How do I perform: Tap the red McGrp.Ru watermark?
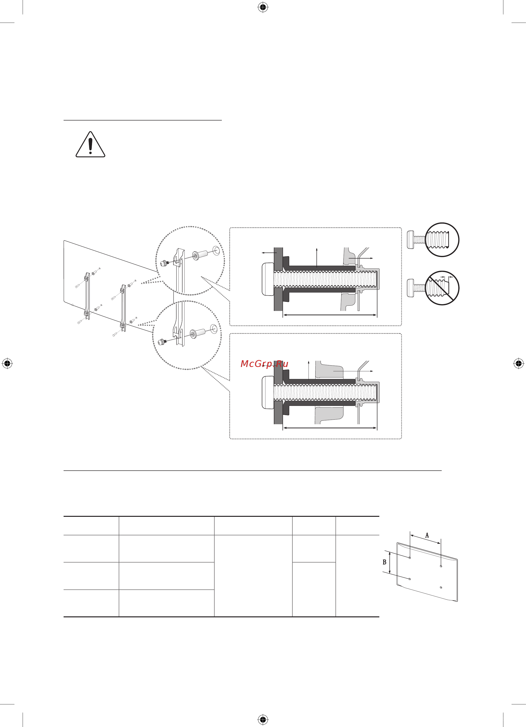264,364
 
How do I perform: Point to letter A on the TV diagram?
427,535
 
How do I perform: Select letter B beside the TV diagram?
384,562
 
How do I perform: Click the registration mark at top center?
263,7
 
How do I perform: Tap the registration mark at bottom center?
263,720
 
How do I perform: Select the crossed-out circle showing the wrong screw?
442,288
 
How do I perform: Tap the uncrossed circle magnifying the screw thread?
442,240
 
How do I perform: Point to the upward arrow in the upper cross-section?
317,257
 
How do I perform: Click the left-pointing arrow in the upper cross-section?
269,253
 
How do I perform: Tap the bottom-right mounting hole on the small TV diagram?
441,588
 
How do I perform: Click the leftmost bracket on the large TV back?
87,296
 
